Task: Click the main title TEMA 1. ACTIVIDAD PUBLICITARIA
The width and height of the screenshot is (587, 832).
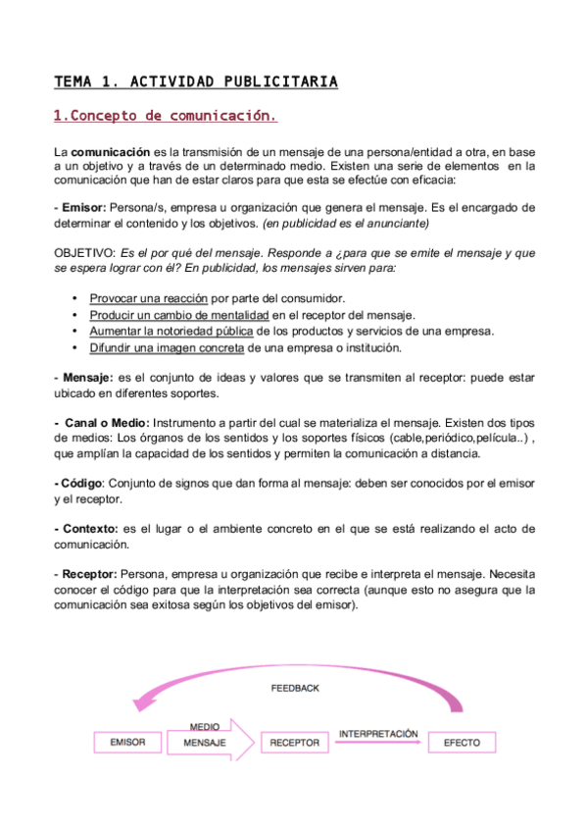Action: click(195, 81)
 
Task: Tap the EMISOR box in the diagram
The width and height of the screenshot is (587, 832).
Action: click(127, 743)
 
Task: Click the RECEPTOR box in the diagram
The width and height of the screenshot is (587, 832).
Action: click(294, 743)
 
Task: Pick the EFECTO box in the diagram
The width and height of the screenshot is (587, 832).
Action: click(462, 743)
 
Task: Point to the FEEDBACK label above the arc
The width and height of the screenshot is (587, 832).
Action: click(295, 689)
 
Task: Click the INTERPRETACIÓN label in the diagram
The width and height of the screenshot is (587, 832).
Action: click(378, 734)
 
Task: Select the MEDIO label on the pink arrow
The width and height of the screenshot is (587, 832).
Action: click(203, 727)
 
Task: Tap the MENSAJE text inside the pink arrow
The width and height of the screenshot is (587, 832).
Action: click(204, 744)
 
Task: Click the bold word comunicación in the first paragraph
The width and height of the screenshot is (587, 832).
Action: click(111, 153)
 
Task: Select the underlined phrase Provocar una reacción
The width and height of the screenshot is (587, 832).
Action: click(148, 298)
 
